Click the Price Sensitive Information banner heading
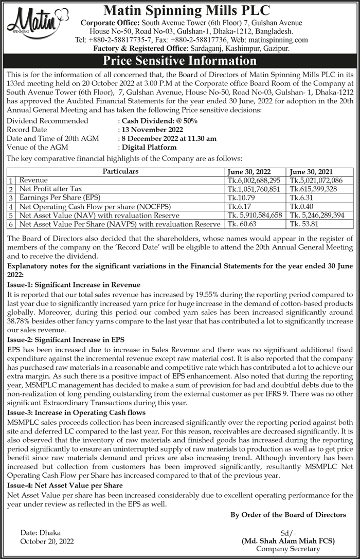coord(179,61)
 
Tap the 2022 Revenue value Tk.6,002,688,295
coord(254,181)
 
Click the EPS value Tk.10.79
coord(239,198)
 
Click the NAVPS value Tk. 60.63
coord(242,224)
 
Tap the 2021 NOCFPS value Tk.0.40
coord(301,207)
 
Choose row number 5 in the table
coord(11,216)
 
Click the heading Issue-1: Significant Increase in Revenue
coord(74,285)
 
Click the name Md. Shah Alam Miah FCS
coord(288,541)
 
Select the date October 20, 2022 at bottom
coord(47,541)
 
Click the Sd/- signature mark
coord(288,533)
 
